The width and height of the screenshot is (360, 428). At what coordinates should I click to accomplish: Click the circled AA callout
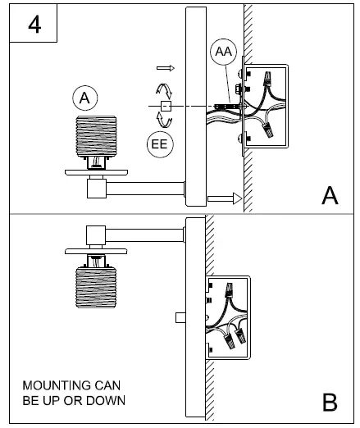(222, 52)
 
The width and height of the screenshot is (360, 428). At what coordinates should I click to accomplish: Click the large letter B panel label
(330, 403)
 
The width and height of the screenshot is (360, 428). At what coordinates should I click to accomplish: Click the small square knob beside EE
(165, 107)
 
